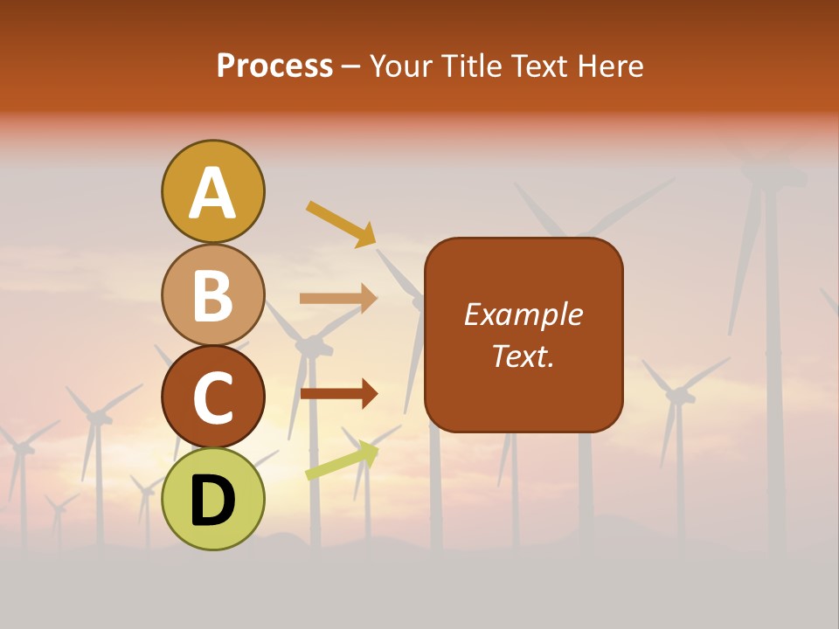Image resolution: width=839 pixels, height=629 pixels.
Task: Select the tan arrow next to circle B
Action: pos(338,299)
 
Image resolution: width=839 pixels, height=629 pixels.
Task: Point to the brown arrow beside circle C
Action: pos(338,394)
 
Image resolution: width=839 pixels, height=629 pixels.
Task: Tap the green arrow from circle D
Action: pos(342,461)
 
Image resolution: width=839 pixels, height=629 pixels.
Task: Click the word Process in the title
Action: pos(274,66)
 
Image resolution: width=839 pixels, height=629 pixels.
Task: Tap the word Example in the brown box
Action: pos(523,314)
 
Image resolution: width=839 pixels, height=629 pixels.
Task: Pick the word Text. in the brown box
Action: pos(523,356)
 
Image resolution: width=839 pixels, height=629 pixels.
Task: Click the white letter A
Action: pos(212,193)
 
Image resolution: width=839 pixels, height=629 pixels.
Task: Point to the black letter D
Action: pos(212,500)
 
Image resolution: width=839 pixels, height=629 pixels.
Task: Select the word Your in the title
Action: pos(401,66)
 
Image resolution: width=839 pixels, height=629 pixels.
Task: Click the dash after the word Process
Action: pos(351,67)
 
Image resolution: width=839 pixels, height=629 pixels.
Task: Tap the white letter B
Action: pos(212,295)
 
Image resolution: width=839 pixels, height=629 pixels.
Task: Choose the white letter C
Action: pos(212,397)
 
